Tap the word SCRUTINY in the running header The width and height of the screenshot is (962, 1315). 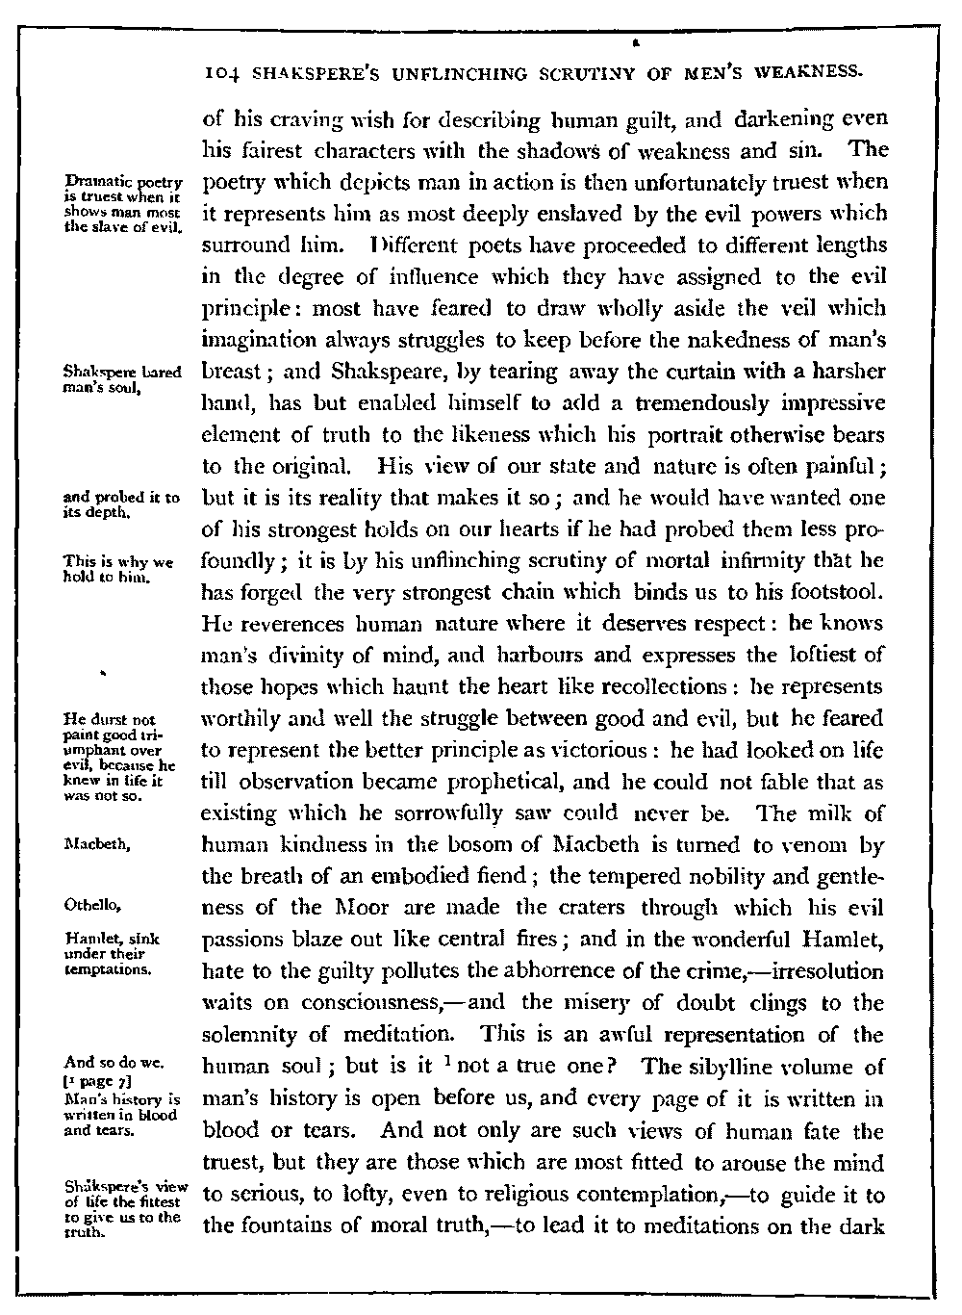point(567,72)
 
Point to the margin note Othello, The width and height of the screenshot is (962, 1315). point(91,906)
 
